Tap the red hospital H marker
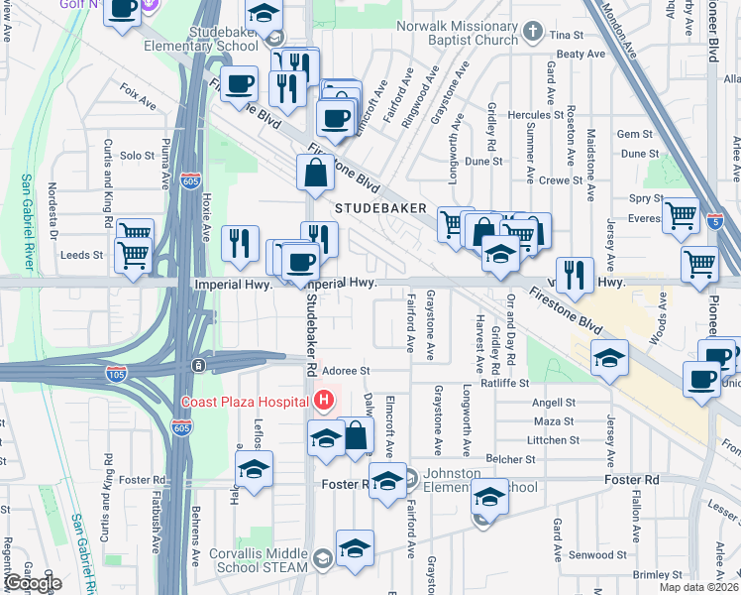[323, 402]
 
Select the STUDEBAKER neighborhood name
[379, 209]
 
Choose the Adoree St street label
[349, 371]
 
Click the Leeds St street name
[82, 255]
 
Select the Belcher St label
[513, 459]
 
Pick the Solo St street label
[137, 156]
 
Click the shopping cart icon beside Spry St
[681, 213]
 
